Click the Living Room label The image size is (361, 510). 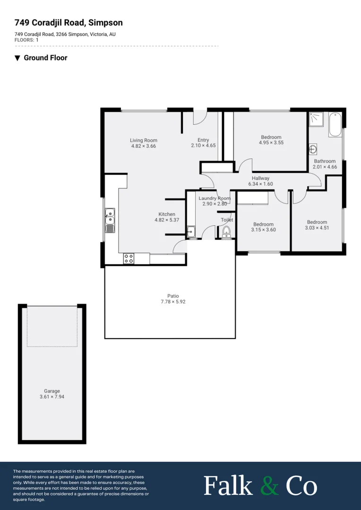(144, 140)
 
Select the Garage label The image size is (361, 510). (52, 391)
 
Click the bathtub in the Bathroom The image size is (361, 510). (335, 124)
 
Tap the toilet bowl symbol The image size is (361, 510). (226, 231)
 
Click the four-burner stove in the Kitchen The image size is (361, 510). (129, 258)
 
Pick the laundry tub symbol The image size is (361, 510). (191, 232)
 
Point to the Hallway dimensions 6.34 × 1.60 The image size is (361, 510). (260, 184)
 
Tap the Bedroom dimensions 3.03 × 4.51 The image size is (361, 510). (317, 228)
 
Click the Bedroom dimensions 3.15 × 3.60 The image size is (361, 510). (263, 230)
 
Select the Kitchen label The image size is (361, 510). (167, 214)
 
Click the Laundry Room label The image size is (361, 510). (215, 198)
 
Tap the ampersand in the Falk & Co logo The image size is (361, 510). (270, 486)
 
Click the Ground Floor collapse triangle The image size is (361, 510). (17, 58)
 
